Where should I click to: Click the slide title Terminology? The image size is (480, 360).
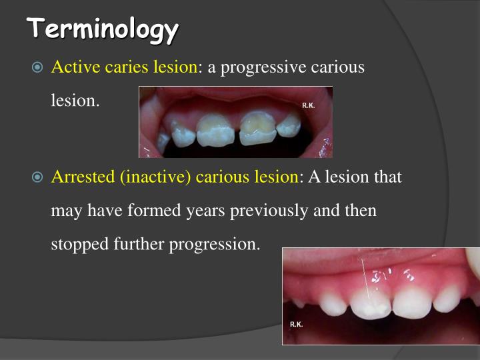103,29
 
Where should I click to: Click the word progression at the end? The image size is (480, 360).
215,245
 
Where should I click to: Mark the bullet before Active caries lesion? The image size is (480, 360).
37,68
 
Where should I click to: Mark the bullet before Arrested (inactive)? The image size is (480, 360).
37,177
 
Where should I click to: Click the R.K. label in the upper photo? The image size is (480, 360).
309,105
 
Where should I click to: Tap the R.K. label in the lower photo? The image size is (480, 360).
297,324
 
